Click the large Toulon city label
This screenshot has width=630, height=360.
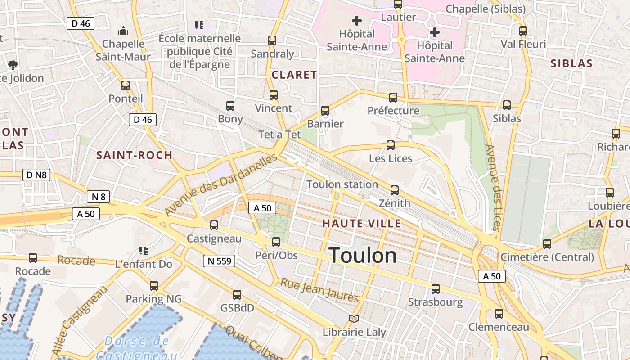tap(363, 256)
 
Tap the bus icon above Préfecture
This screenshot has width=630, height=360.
tap(393, 97)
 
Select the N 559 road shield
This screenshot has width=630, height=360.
tap(219, 261)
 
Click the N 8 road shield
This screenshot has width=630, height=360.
tap(98, 197)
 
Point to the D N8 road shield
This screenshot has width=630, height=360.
tap(36, 175)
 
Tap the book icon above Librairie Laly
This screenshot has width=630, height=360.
tap(354, 319)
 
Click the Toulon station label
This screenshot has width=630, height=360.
tap(342, 184)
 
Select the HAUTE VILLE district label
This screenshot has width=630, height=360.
tap(361, 223)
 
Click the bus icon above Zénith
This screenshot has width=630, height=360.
tap(395, 190)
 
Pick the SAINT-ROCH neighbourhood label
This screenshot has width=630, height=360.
tap(135, 155)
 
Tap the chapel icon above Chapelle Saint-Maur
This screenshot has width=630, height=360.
tap(123, 31)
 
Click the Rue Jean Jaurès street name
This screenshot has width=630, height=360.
tap(319, 290)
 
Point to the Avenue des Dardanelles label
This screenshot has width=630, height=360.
tap(221, 184)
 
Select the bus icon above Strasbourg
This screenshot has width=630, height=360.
tap(435, 289)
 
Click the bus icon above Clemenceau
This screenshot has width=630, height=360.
tap(499, 314)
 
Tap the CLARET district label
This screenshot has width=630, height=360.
tap(294, 75)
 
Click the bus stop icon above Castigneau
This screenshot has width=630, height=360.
tap(214, 225)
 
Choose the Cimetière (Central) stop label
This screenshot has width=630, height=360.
tap(547, 257)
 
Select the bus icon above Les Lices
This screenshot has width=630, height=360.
tap(391, 145)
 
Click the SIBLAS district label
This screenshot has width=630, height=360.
tap(571, 63)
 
